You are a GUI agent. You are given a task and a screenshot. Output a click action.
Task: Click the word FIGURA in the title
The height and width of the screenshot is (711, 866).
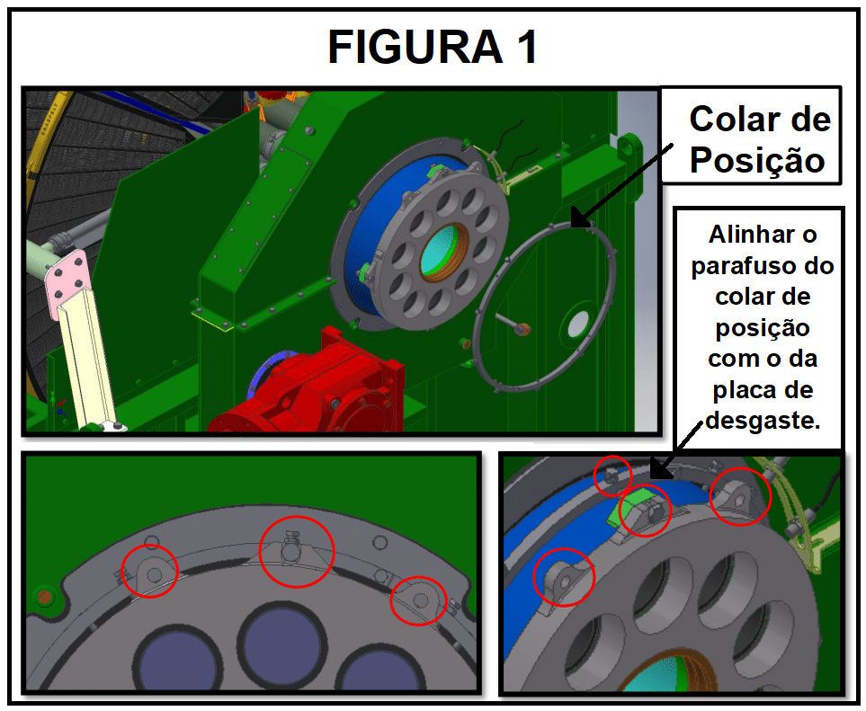415,47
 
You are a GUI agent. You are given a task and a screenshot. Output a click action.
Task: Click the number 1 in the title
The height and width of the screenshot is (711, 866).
526,47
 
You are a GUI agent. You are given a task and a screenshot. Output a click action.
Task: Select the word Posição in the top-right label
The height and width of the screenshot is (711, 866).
757,161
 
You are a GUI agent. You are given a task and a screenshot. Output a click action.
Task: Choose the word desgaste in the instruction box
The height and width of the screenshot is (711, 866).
763,421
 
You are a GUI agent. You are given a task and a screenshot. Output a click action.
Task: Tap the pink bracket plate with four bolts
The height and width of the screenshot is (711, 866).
68,282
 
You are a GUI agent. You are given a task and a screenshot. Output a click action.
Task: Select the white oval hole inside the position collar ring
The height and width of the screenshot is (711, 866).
577,324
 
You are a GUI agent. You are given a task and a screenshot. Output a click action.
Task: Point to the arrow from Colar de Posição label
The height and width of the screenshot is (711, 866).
621,185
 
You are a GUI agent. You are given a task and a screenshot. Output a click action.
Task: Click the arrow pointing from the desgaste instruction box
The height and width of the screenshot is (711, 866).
676,450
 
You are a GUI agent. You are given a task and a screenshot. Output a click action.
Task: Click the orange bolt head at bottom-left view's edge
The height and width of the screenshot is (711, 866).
43,596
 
